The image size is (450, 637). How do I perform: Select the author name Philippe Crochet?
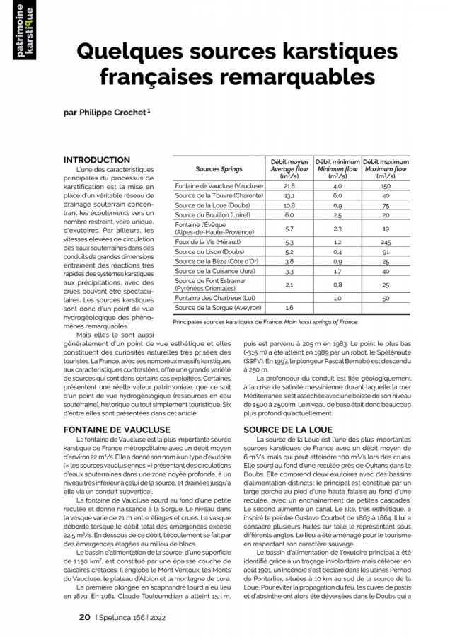point(117,111)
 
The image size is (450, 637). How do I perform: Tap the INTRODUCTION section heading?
point(97,161)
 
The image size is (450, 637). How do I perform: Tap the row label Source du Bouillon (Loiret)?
point(215,214)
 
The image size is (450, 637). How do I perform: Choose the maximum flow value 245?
point(386,242)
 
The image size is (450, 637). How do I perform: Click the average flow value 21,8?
point(289,185)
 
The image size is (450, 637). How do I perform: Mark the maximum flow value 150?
point(386,185)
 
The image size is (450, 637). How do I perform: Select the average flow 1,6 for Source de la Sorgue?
point(289,309)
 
